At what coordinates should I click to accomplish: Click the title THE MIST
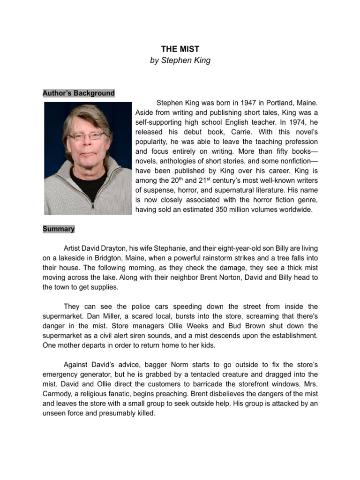(x=180, y=49)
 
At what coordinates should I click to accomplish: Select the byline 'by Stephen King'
(x=180, y=60)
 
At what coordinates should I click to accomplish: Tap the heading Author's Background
(x=79, y=93)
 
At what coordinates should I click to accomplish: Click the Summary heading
(x=59, y=229)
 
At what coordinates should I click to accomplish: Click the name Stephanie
(x=161, y=248)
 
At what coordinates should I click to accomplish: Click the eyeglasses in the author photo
(x=87, y=136)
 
